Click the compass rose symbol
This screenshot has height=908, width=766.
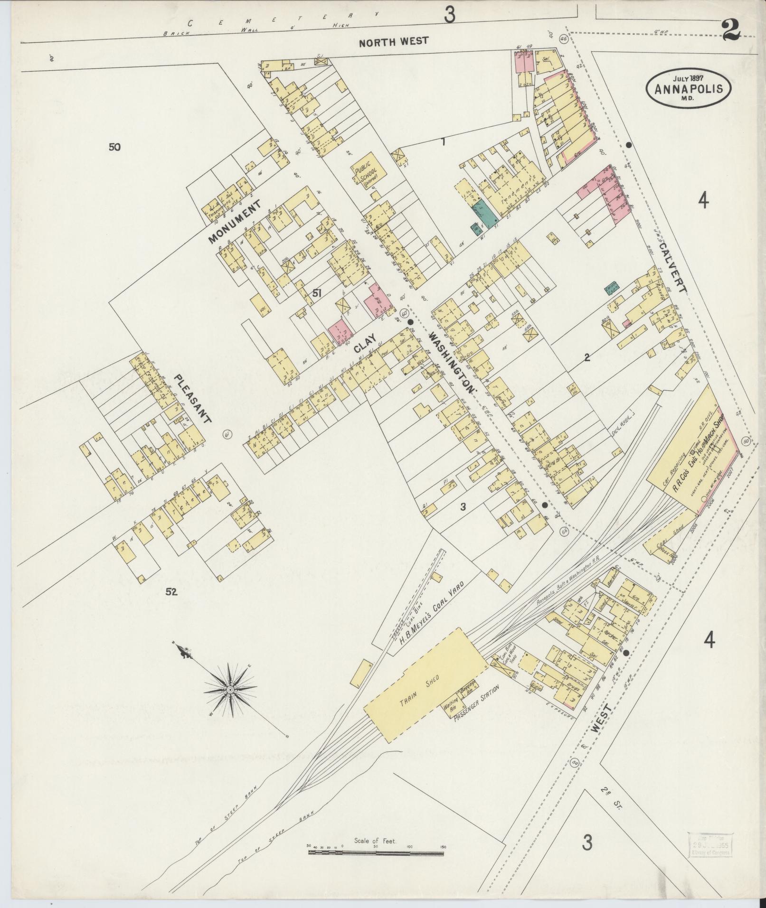pyautogui.click(x=230, y=689)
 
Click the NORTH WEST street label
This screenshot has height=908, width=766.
pyautogui.click(x=393, y=42)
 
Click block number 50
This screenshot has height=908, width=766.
pyautogui.click(x=114, y=147)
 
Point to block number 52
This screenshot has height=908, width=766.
pyautogui.click(x=171, y=591)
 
